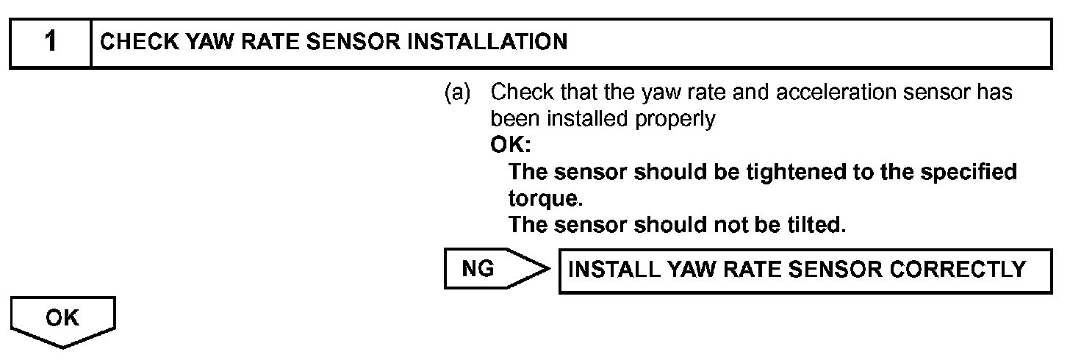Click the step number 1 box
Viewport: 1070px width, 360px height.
(50, 43)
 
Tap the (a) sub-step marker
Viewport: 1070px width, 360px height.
(457, 93)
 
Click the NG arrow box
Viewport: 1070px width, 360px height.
(492, 270)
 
